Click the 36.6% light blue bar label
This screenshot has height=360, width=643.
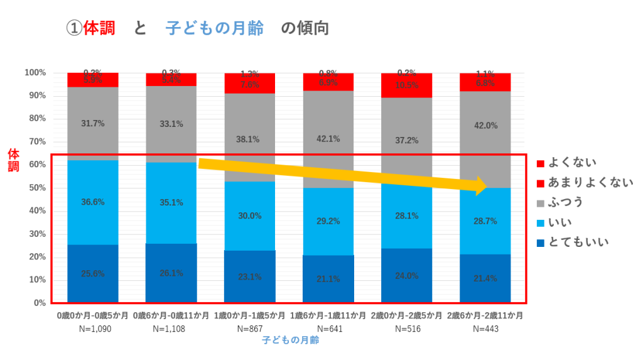[x=92, y=202]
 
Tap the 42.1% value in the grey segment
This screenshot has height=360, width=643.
[x=328, y=139]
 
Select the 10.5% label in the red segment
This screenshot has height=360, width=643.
[x=406, y=85]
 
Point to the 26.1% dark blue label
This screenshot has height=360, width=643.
[x=171, y=273]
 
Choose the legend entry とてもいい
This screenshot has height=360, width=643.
[x=578, y=243]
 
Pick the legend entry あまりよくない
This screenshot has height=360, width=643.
[x=590, y=183]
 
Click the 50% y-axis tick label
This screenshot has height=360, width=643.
[x=37, y=188]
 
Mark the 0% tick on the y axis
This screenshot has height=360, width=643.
[x=40, y=303]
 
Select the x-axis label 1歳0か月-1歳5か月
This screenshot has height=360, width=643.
[x=250, y=315]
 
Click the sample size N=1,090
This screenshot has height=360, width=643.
[x=93, y=329]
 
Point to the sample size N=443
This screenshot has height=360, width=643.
[x=485, y=329]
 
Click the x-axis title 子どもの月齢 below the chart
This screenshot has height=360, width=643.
[x=290, y=341]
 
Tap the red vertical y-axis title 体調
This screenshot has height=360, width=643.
[x=13, y=161]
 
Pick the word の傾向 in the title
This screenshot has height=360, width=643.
[x=305, y=29]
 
